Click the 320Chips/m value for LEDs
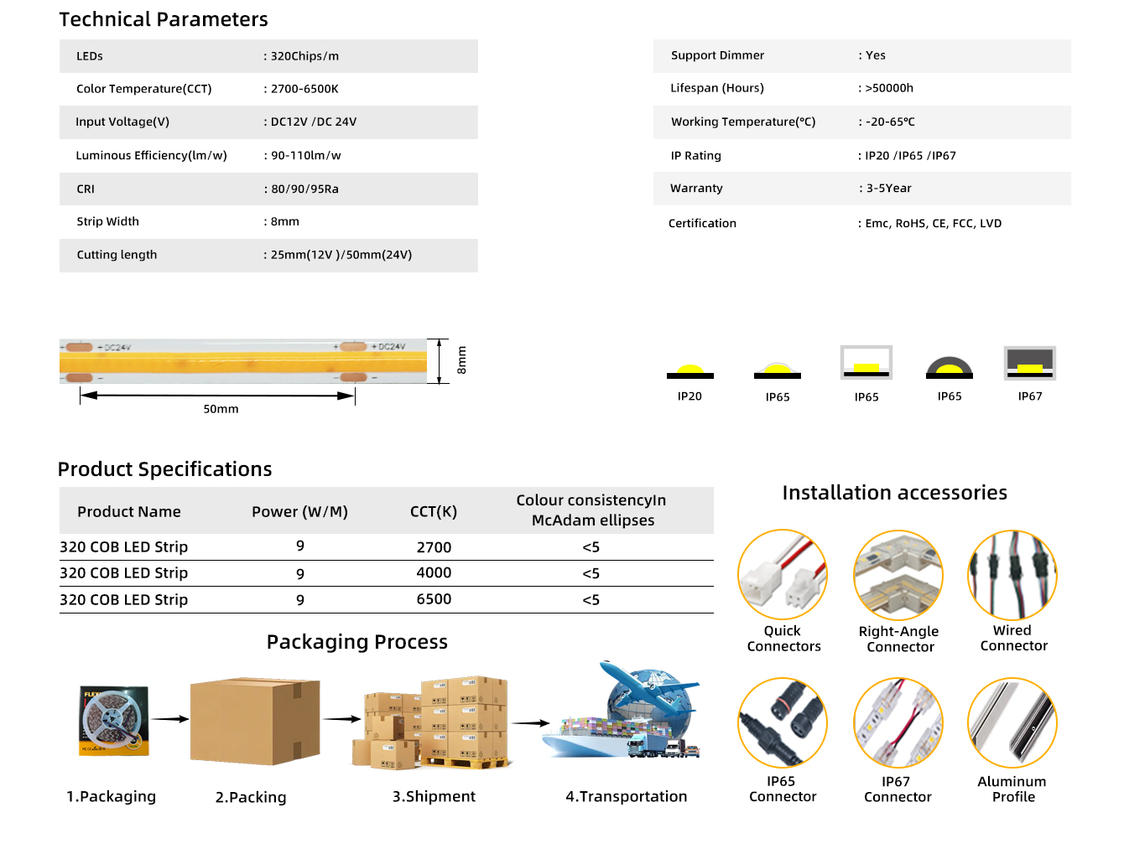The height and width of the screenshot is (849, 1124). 304,56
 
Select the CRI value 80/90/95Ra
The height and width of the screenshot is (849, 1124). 304,189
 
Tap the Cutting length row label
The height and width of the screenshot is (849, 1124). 117,255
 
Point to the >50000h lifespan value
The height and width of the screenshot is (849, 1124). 888,88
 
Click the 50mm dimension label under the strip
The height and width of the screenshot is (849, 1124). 221,409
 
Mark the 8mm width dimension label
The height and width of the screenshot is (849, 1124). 461,360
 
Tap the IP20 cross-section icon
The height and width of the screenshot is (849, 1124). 689,371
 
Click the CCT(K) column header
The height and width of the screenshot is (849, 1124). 434,512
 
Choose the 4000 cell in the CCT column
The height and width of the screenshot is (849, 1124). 434,573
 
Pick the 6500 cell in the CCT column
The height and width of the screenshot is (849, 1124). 434,599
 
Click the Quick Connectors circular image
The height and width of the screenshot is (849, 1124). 783,575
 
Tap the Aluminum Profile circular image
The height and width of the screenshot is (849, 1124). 1012,723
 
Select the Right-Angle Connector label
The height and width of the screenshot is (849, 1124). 899,639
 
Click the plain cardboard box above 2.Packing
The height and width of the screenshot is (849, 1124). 255,721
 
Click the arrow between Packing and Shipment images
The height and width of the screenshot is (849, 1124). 342,718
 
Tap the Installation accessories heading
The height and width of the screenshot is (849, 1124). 894,493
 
